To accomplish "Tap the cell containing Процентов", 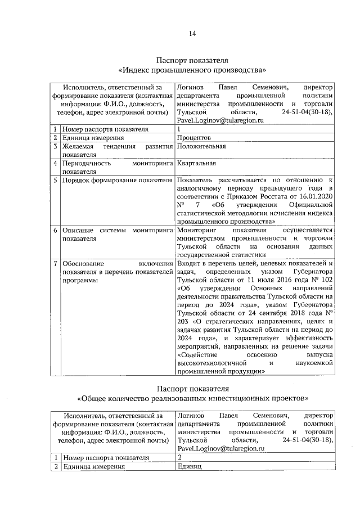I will pos(194,137).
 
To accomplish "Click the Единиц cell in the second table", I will pos(190,467).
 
